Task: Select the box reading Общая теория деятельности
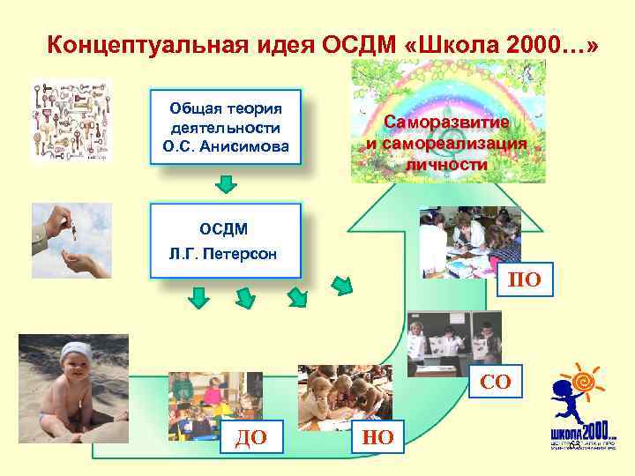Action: [x=226, y=127]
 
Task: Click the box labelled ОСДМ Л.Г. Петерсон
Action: [x=225, y=241]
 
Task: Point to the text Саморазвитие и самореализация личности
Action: [x=447, y=144]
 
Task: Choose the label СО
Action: [x=496, y=382]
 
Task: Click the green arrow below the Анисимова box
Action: [x=227, y=183]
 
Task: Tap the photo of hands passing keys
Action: [x=71, y=240]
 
